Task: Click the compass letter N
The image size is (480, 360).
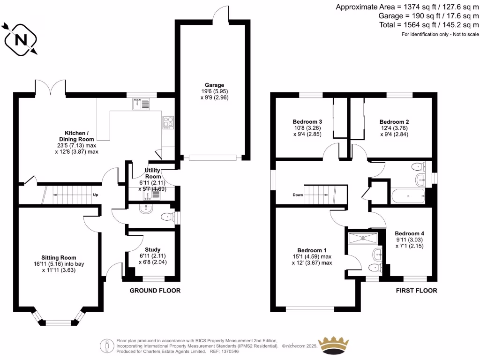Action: click(21, 40)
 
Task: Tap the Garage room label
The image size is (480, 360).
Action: click(214, 85)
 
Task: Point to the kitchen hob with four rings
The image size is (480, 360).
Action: click(168, 122)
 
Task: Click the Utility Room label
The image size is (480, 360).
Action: click(153, 173)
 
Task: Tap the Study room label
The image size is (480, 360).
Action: click(152, 249)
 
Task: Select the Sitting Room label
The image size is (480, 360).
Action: click(59, 257)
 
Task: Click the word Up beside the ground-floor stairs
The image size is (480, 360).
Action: click(96, 195)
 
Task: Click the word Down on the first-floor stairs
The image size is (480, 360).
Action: click(298, 195)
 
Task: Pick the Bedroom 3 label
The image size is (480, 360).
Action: click(304, 121)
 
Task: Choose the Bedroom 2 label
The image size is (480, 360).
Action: click(391, 121)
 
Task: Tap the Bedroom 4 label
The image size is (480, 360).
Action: click(409, 233)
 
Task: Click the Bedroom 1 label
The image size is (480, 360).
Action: click(312, 250)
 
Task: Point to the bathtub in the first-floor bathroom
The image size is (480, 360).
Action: click(407, 195)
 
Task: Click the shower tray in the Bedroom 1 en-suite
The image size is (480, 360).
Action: click(362, 238)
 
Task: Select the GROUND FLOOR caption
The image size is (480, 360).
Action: click(155, 291)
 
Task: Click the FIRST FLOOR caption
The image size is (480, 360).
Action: click(416, 291)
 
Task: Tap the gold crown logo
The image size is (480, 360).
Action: click(333, 345)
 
